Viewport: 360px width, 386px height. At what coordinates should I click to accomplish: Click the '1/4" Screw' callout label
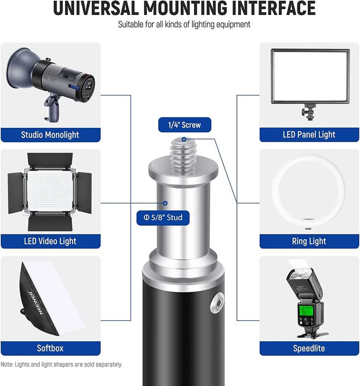[185, 125]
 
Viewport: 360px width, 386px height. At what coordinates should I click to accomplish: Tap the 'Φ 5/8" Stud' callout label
[163, 218]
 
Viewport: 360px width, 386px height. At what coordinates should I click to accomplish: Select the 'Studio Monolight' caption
[51, 135]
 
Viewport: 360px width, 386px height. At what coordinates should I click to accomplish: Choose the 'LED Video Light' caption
[51, 241]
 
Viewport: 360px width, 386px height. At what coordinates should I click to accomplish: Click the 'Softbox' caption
[51, 348]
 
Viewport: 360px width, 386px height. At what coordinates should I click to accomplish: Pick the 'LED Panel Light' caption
[309, 135]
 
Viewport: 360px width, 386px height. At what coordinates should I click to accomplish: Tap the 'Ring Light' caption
[309, 241]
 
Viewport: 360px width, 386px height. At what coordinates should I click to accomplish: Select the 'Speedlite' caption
[309, 348]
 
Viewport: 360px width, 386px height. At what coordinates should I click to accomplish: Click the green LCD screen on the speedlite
[306, 311]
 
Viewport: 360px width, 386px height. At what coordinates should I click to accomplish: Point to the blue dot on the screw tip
[184, 139]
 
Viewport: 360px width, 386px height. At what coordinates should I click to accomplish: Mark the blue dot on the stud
[165, 203]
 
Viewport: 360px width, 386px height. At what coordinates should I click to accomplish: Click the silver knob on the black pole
[217, 302]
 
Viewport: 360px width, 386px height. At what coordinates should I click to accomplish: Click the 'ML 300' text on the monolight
[49, 79]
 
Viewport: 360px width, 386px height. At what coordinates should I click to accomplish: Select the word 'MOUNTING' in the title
[185, 8]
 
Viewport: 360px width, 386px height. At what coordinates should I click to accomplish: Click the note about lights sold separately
[62, 365]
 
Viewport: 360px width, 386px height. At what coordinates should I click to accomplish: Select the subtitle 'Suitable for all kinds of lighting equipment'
[184, 25]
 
